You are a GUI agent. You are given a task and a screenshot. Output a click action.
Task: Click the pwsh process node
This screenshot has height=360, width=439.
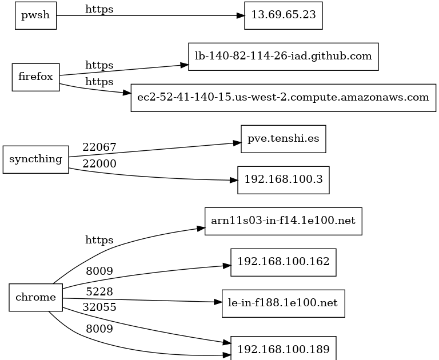tap(35, 15)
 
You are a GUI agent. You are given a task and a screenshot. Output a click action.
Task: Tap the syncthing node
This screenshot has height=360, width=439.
tap(35, 159)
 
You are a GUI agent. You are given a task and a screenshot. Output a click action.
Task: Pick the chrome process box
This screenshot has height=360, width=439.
tap(35, 297)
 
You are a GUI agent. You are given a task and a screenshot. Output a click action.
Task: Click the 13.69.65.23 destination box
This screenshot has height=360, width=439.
tap(284, 15)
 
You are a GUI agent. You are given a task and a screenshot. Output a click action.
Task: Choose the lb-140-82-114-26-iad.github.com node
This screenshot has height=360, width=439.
tap(284, 56)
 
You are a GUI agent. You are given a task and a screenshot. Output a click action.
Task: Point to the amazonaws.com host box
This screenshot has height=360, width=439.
tap(284, 97)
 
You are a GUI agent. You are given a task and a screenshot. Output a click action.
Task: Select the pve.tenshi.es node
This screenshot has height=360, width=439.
tap(284, 139)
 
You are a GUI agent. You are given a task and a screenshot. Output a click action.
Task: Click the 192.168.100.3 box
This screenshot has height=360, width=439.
tap(284, 179)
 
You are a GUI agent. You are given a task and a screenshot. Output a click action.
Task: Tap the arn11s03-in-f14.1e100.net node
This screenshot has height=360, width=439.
tap(284, 221)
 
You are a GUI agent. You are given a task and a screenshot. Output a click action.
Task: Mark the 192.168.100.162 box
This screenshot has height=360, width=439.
tap(284, 262)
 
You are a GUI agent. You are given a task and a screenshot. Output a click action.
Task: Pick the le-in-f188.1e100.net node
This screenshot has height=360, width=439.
tap(284, 303)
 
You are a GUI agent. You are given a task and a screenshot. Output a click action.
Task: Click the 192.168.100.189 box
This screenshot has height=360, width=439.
tap(284, 347)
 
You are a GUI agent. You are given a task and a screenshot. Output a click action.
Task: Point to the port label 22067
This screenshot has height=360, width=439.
tap(99, 147)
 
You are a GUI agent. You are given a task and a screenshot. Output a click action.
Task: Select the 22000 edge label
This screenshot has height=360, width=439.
tap(99, 164)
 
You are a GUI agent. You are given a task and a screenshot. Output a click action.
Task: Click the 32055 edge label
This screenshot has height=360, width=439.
tap(99, 307)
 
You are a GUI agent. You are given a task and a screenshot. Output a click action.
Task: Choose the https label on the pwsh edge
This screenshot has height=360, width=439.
tap(99, 9)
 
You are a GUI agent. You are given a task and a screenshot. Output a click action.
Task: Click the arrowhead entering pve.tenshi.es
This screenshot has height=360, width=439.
tap(236, 143)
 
